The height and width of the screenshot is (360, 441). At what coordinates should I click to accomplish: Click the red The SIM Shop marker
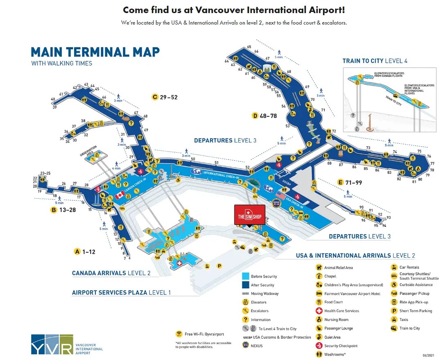249,215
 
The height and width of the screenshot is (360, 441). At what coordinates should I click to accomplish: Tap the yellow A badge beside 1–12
77,251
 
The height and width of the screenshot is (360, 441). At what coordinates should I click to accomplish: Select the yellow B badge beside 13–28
54,210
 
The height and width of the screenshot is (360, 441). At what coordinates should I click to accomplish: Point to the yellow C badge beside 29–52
155,97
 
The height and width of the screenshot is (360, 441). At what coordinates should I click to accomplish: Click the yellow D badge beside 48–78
255,116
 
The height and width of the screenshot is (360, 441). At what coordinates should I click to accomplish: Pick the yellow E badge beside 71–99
340,182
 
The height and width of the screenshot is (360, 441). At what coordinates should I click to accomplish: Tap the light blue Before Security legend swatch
246,276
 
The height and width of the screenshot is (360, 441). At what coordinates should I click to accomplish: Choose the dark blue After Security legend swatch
246,285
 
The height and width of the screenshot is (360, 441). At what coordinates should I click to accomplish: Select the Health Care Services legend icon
319,311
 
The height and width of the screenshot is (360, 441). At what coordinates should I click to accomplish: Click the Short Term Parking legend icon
394,311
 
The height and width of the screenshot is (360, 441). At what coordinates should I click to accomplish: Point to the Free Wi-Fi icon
179,334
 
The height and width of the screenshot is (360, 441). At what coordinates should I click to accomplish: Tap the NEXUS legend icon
246,345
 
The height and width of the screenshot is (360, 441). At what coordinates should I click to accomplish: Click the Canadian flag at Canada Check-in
120,195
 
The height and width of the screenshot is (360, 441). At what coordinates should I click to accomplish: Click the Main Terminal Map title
95,52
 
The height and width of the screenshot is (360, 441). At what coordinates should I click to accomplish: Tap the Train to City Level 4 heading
375,61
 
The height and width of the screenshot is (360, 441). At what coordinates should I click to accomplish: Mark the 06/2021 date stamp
428,355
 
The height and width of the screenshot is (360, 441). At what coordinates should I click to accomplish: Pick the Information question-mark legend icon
246,319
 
